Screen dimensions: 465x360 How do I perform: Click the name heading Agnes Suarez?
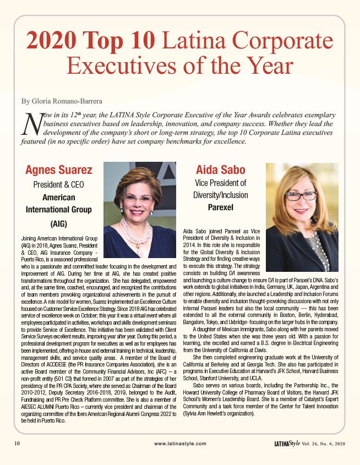(x=59, y=169)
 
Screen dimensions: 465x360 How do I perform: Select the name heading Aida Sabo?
(x=220, y=169)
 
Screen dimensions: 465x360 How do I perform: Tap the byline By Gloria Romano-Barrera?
(x=61, y=101)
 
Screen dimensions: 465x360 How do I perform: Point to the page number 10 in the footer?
(x=17, y=443)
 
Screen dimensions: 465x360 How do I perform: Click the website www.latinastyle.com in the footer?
(x=180, y=443)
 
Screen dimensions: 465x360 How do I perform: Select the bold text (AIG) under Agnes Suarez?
(x=58, y=223)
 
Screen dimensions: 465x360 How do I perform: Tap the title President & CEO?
(x=58, y=184)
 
